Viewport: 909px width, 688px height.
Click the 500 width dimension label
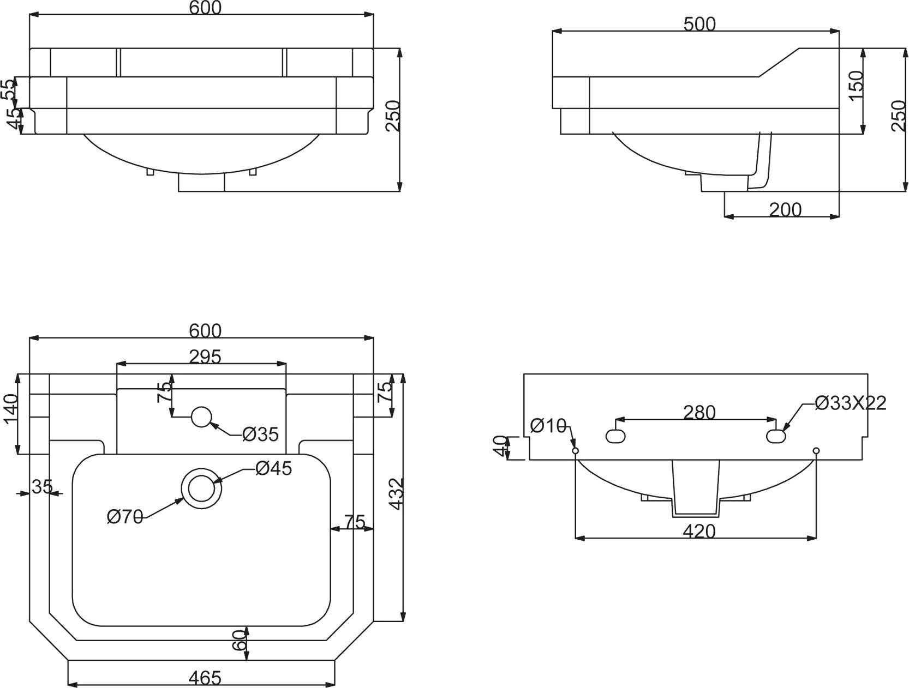tap(699, 25)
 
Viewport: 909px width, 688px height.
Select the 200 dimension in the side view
tap(785, 210)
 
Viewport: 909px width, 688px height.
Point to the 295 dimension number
tap(205, 357)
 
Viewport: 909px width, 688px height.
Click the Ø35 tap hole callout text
tap(260, 434)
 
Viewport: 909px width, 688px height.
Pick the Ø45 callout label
tap(274, 468)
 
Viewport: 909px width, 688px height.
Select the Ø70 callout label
tap(125, 517)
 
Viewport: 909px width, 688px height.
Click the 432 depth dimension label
tap(396, 494)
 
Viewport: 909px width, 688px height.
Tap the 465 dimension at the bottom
tap(205, 678)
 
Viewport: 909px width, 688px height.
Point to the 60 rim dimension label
tap(239, 641)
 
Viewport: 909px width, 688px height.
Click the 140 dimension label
tap(11, 409)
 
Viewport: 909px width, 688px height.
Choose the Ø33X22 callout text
tap(851, 403)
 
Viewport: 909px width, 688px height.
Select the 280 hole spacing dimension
tap(699, 413)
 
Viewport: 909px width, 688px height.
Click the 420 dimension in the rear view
tap(699, 532)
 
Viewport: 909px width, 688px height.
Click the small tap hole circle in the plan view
tap(202, 417)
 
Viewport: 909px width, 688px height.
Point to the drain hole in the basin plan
tap(202, 488)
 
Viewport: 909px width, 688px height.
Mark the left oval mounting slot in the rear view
tap(615, 436)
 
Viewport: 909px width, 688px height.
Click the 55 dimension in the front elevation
tap(9, 89)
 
